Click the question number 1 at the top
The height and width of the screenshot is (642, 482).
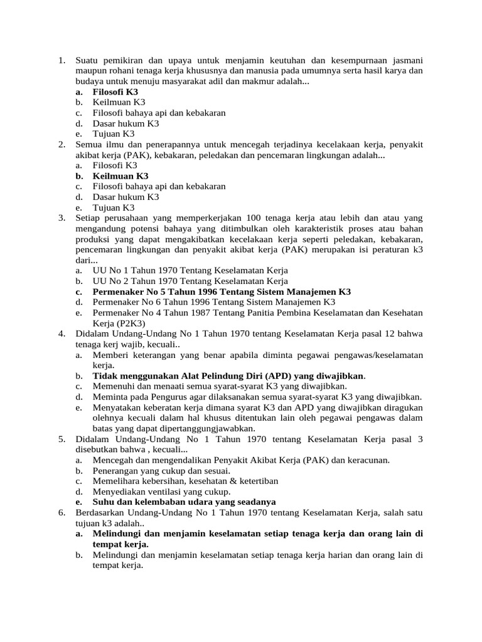pos(61,61)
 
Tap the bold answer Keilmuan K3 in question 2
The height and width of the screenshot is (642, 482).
pos(120,176)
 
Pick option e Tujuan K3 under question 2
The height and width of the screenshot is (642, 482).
pos(114,208)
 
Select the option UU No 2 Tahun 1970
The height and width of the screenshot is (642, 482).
pos(190,281)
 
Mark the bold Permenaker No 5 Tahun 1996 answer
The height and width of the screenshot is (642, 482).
pos(222,292)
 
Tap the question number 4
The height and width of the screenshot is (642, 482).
pos(62,334)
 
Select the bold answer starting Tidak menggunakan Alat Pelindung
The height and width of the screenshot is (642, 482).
pos(228,376)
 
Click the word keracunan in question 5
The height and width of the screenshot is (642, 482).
pos(367,460)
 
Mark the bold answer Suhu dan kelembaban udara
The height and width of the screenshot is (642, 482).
pos(184,502)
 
